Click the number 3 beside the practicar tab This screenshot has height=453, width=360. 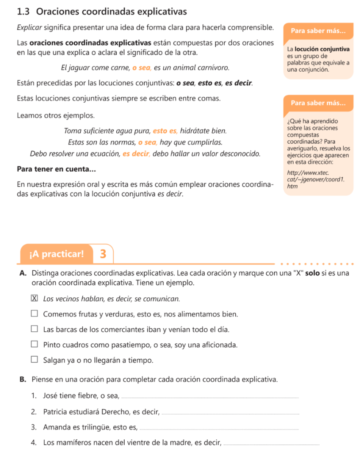(103, 254)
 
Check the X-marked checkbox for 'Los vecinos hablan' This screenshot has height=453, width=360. (34, 299)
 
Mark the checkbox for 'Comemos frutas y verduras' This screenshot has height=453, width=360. (34, 314)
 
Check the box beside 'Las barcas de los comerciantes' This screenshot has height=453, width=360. (34, 330)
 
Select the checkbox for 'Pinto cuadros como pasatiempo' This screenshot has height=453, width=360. (34, 345)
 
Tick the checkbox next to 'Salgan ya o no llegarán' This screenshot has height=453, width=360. (34, 360)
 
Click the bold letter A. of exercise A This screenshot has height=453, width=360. (23, 273)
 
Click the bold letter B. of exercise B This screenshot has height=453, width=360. (23, 379)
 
